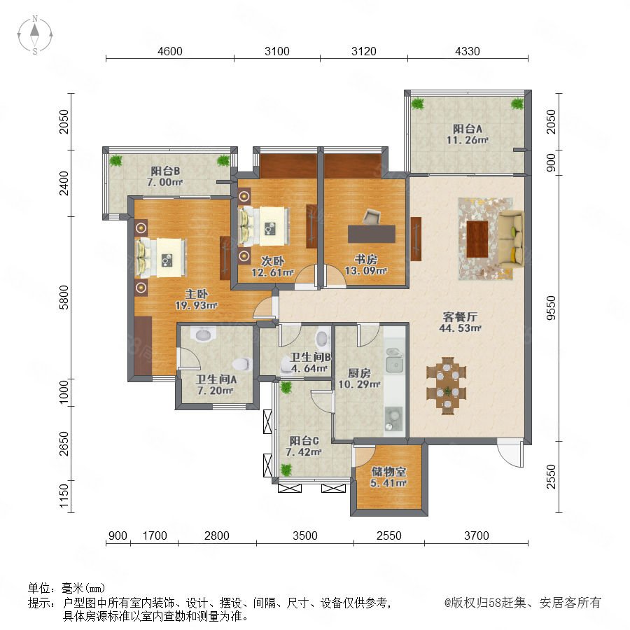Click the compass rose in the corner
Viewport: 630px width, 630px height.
(x=35, y=34)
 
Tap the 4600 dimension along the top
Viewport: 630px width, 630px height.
(x=170, y=51)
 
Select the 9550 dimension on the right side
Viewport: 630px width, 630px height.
(x=552, y=308)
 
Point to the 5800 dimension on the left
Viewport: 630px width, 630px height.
(x=64, y=297)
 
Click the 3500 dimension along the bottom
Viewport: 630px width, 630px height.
(x=305, y=535)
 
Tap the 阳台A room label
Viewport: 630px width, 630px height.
(x=468, y=129)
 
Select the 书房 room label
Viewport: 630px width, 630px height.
(x=365, y=260)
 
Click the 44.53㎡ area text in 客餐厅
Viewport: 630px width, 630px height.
(x=460, y=328)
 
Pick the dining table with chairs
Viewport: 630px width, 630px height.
(x=447, y=386)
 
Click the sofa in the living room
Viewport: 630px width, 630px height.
(x=511, y=239)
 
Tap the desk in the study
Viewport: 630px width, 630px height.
(x=372, y=233)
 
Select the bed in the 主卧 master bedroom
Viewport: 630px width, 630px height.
(x=162, y=258)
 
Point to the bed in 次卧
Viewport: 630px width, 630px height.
(x=264, y=226)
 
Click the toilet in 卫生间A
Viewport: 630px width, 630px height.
(x=241, y=364)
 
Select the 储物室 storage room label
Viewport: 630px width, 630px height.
(x=388, y=471)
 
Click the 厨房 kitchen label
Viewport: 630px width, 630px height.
(x=359, y=373)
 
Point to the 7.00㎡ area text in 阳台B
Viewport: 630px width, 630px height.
(x=164, y=183)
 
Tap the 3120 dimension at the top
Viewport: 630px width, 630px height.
(x=363, y=51)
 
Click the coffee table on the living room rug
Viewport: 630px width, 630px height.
(x=477, y=239)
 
